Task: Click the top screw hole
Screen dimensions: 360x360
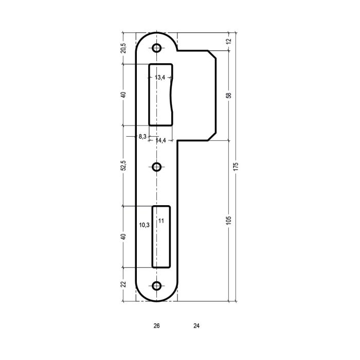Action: pyautogui.click(x=156, y=48)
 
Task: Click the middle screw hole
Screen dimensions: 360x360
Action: pyautogui.click(x=156, y=167)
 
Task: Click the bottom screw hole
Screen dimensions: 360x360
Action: pyautogui.click(x=156, y=286)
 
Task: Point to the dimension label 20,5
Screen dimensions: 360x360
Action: pyautogui.click(x=123, y=48)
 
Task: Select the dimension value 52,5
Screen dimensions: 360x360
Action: pyautogui.click(x=123, y=165)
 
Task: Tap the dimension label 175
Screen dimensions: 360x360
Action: pyautogui.click(x=236, y=167)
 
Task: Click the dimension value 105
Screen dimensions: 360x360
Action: pyautogui.click(x=229, y=221)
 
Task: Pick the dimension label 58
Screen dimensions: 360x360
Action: pyautogui.click(x=229, y=95)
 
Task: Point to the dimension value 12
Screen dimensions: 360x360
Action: pyautogui.click(x=229, y=41)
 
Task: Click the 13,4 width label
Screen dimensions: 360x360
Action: pyautogui.click(x=160, y=77)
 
